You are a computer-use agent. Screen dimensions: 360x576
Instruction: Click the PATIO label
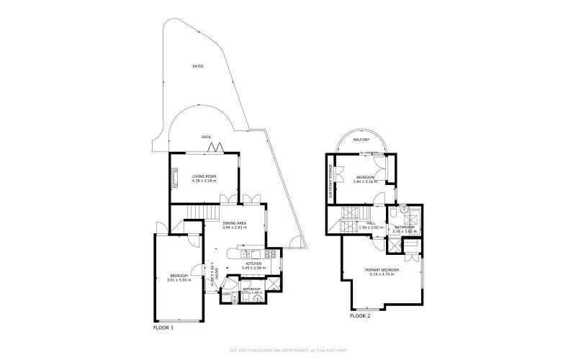click(x=197, y=66)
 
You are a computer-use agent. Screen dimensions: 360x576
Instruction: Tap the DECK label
click(x=206, y=137)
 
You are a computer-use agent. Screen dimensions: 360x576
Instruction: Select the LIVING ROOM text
click(x=204, y=176)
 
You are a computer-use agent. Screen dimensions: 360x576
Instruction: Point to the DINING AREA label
click(x=235, y=223)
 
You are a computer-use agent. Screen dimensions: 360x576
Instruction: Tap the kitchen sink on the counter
click(x=246, y=253)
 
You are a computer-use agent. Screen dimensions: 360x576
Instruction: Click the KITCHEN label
click(x=253, y=264)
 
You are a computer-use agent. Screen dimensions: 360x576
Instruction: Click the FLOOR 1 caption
click(x=163, y=327)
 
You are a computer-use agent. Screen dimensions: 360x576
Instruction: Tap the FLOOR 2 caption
click(x=360, y=316)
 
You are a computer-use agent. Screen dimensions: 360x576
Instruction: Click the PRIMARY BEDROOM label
click(x=384, y=270)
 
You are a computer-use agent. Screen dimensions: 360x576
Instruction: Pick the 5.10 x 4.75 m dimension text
click(x=384, y=274)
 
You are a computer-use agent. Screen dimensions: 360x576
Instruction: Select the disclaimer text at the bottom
click(x=287, y=351)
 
